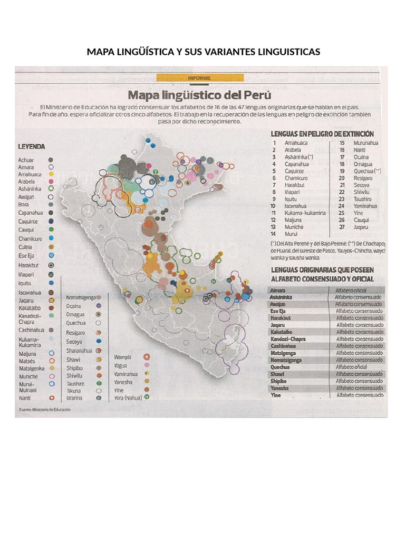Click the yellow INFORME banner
[x=200, y=78]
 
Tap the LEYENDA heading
[x=32, y=146]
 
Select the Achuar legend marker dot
[x=51, y=158]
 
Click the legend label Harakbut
[x=30, y=265]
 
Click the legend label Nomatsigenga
[x=80, y=297]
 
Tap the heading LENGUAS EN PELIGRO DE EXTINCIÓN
[x=322, y=134]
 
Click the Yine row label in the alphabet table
[x=275, y=395]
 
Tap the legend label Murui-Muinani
[x=27, y=387]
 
